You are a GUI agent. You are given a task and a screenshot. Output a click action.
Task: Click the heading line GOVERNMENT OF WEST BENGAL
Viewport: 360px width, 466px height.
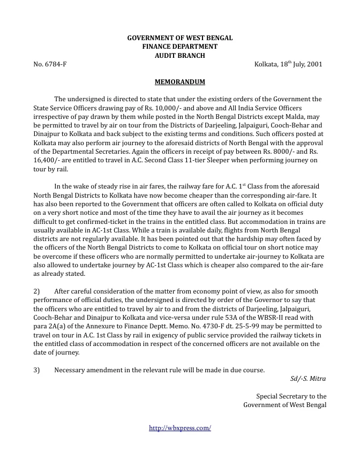click(179, 38)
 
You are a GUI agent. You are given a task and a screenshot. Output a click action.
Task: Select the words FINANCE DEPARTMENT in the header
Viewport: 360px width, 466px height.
click(179, 47)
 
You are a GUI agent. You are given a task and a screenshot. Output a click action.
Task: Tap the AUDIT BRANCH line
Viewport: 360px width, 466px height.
click(179, 55)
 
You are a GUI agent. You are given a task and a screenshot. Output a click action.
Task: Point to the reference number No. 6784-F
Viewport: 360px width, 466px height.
click(50, 64)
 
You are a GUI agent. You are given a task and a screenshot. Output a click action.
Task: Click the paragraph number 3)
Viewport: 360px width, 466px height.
click(37, 370)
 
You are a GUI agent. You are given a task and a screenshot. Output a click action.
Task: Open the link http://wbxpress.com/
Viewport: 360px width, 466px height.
click(179, 427)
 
